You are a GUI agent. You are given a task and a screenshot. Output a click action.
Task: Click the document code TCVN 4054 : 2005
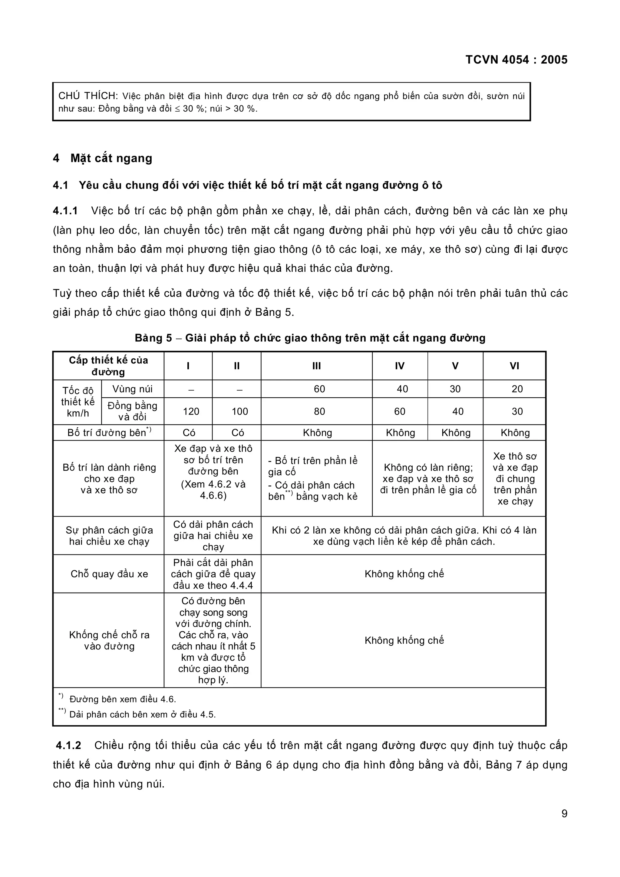coord(516,60)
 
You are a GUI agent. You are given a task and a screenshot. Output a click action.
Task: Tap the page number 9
coord(564,813)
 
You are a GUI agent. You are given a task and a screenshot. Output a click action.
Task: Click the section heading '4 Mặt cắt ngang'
coord(102,158)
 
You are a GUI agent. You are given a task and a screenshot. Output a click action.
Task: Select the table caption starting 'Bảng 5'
coord(310,338)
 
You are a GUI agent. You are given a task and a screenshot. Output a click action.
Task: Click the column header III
coord(316,366)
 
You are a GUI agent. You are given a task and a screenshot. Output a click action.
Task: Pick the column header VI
coord(514,366)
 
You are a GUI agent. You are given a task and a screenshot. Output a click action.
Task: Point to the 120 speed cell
coord(191,411)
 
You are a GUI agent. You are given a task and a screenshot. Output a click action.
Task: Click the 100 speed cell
coord(239,411)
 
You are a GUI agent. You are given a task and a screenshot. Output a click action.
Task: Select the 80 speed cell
coord(319,411)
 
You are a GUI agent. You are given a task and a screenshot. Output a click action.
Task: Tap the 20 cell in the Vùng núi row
coord(517,389)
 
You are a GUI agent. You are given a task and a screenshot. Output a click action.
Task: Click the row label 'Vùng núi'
coord(132,389)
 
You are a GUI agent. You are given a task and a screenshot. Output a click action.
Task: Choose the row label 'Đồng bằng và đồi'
coord(132,411)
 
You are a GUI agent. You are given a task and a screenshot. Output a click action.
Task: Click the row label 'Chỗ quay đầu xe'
coord(109,574)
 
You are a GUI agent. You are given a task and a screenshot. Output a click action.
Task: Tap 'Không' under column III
coord(317,433)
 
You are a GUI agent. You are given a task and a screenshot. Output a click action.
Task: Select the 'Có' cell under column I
coord(189,433)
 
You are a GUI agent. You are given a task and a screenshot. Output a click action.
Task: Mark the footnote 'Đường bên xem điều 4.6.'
coord(122,699)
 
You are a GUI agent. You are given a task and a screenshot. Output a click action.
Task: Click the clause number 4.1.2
coord(68,746)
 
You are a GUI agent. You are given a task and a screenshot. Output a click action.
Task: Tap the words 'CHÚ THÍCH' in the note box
coord(88,96)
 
